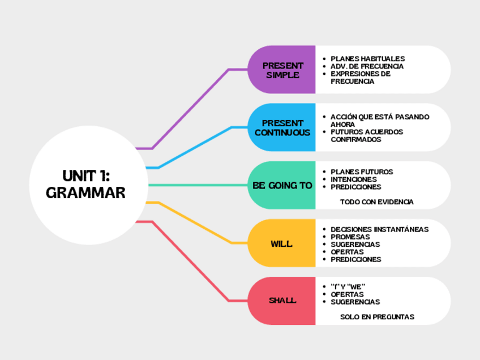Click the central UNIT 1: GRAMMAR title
click(x=85, y=184)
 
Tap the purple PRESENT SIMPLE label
click(x=282, y=70)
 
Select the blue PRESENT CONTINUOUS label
click(x=282, y=127)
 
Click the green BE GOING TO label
click(x=282, y=185)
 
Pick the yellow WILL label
click(x=282, y=243)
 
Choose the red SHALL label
click(x=282, y=301)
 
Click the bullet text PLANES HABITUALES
click(x=367, y=59)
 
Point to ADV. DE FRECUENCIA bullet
click(x=367, y=66)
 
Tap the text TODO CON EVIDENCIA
click(x=376, y=202)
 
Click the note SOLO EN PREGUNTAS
click(x=377, y=317)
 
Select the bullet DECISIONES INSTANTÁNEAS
click(x=379, y=229)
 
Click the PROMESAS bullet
click(x=350, y=237)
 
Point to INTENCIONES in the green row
click(x=354, y=179)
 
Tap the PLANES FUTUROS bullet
click(x=362, y=172)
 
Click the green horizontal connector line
click(x=198, y=185)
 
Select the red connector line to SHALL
click(x=190, y=260)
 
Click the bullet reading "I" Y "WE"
click(x=348, y=287)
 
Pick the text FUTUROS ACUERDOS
click(x=367, y=132)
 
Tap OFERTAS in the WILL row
click(x=347, y=252)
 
